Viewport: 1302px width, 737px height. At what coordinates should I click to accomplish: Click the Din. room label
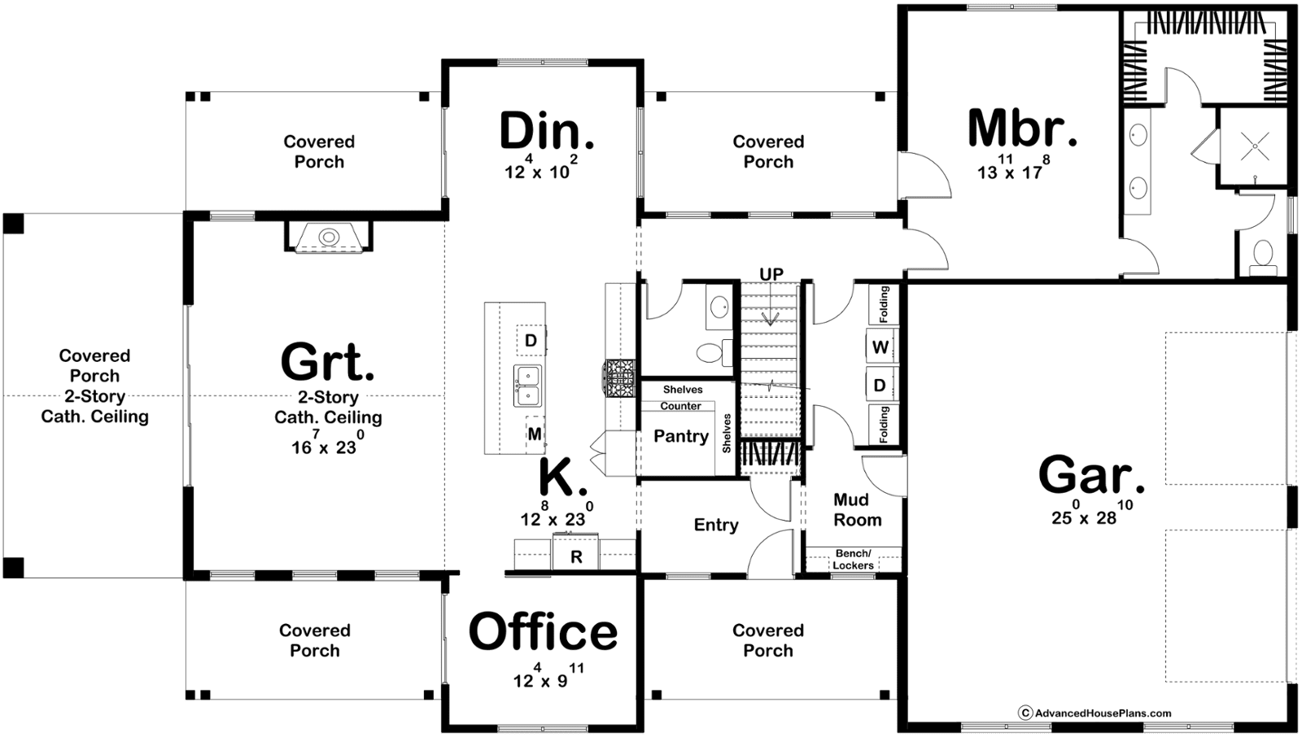click(x=546, y=132)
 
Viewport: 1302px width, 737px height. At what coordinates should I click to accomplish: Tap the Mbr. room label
click(x=1022, y=129)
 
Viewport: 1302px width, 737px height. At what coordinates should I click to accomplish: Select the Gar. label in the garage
click(x=1091, y=475)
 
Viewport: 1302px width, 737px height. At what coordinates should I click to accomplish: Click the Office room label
click(x=543, y=632)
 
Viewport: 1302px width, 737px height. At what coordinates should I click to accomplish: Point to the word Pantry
click(x=680, y=436)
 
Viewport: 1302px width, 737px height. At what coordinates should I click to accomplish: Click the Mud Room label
click(x=858, y=510)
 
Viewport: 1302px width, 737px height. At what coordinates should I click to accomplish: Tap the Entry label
click(x=716, y=525)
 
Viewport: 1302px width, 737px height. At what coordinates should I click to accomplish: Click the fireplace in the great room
click(x=329, y=237)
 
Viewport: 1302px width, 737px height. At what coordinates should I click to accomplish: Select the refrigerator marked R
click(x=575, y=552)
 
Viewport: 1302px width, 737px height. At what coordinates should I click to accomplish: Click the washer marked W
click(x=880, y=347)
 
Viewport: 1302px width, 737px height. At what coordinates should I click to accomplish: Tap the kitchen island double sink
click(x=527, y=386)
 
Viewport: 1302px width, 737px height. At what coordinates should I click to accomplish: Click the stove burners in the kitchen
click(x=620, y=378)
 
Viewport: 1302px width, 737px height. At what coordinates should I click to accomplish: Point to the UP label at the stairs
click(x=771, y=274)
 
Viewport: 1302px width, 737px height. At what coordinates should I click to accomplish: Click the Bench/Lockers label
click(x=853, y=559)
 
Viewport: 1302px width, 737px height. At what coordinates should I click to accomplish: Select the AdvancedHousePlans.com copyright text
click(x=1094, y=713)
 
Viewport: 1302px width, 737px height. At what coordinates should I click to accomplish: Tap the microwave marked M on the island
click(x=535, y=434)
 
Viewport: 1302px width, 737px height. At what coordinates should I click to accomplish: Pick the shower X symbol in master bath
click(x=1255, y=146)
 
